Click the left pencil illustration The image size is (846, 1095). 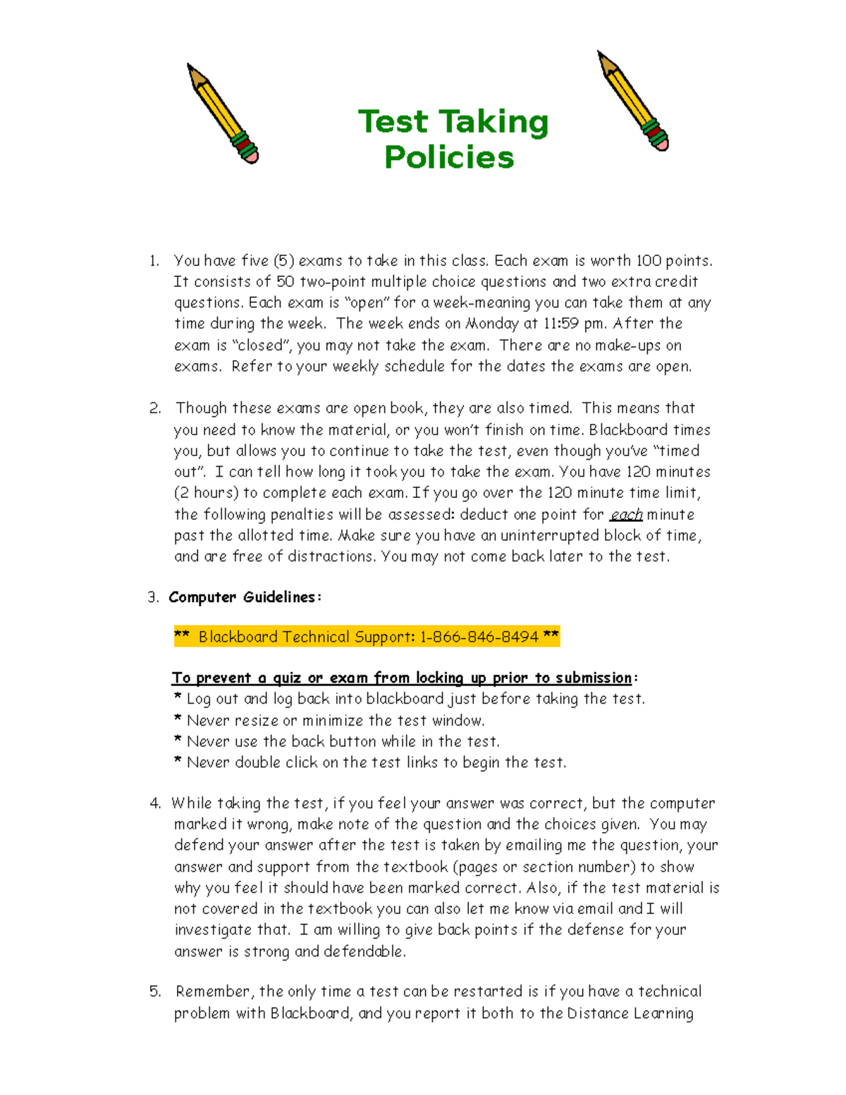tap(222, 114)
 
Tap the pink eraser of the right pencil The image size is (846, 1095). tap(661, 143)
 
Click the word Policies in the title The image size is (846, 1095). tap(449, 157)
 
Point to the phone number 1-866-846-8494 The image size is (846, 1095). tap(479, 637)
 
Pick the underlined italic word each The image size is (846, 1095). tap(626, 515)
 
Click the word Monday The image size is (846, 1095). tap(491, 324)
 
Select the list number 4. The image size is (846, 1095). tap(155, 803)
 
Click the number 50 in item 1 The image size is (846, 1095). tap(285, 282)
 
